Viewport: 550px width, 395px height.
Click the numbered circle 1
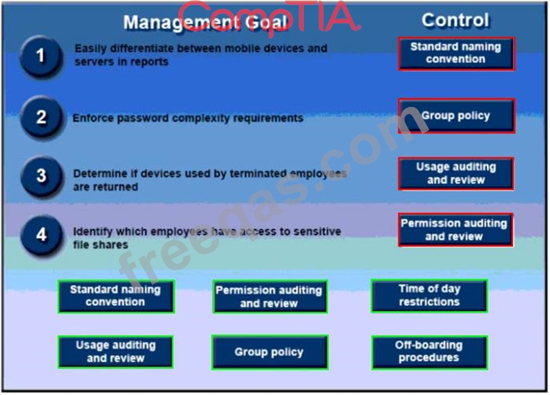(42, 56)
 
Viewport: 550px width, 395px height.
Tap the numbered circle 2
(42, 117)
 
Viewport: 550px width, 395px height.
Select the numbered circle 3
(42, 176)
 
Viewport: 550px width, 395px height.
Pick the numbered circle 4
(42, 234)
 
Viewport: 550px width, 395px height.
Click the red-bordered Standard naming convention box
(457, 54)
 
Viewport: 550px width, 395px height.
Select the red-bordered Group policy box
(457, 116)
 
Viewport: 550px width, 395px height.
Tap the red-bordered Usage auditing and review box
(456, 173)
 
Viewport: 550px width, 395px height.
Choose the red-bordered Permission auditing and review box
(455, 230)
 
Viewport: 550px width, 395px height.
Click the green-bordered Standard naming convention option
(116, 296)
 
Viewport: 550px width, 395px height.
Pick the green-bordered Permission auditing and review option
(270, 297)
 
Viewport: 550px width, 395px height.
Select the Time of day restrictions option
(429, 295)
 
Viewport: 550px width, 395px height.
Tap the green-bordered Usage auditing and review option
(115, 352)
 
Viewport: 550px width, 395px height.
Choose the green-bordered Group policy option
(270, 352)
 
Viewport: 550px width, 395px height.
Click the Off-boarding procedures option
(429, 352)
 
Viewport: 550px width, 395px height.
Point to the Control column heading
(455, 20)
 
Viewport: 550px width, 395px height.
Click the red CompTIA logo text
(269, 18)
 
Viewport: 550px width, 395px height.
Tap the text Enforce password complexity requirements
(187, 118)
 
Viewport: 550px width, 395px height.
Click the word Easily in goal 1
(90, 49)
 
